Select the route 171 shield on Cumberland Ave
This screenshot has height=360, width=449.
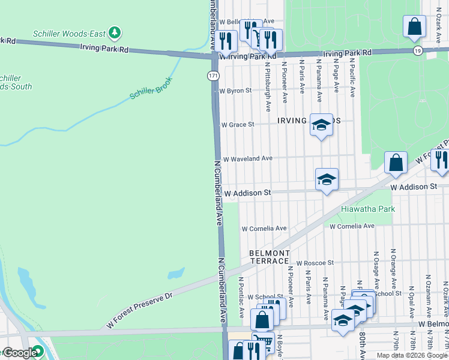tap(214, 76)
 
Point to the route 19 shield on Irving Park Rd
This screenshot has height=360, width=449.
tap(417, 52)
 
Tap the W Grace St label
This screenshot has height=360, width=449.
tap(238, 125)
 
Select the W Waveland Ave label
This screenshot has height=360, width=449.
tap(247, 158)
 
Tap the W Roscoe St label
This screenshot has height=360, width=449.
tap(313, 263)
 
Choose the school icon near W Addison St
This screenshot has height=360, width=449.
tap(327, 179)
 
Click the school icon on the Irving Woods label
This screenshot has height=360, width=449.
tap(321, 125)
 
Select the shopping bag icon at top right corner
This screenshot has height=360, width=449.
tap(414, 26)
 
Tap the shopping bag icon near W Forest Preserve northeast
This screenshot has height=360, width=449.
tap(396, 162)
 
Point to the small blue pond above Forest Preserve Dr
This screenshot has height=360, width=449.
tap(176, 273)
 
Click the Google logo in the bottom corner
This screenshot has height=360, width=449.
tap(20, 353)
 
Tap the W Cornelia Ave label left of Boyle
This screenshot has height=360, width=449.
tap(264, 229)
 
